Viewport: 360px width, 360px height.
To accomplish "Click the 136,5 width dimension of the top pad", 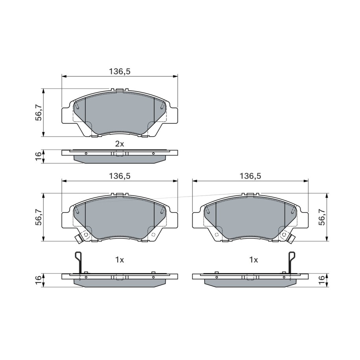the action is (x=120, y=72).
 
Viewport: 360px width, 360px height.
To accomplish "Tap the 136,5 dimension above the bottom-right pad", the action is (x=251, y=176).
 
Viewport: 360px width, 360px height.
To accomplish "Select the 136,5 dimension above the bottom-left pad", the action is (x=120, y=176).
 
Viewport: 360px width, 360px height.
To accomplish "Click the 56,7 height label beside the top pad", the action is (x=38, y=113).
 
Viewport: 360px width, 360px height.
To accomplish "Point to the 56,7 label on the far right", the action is (x=322, y=217).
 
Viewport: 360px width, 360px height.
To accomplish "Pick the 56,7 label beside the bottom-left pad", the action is (x=38, y=217).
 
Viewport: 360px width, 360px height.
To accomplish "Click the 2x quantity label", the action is (x=119, y=144).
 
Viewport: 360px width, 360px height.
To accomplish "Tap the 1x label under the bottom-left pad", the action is (x=119, y=260).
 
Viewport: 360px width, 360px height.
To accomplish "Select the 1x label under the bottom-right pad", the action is (x=253, y=260).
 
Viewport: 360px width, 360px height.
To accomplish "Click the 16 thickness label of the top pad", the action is (x=38, y=157).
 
